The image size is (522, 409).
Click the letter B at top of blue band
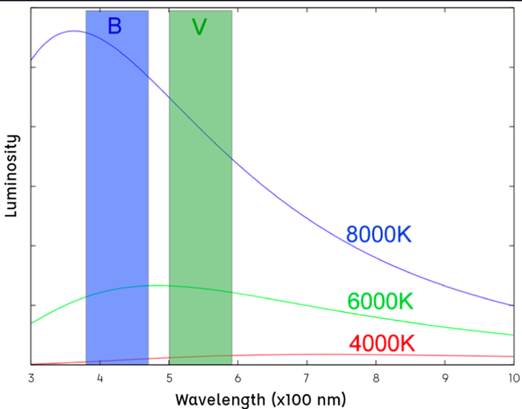[114, 26]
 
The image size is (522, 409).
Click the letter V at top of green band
[199, 27]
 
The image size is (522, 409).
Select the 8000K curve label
[379, 234]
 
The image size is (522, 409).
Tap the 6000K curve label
[379, 301]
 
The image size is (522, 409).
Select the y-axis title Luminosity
[11, 176]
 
